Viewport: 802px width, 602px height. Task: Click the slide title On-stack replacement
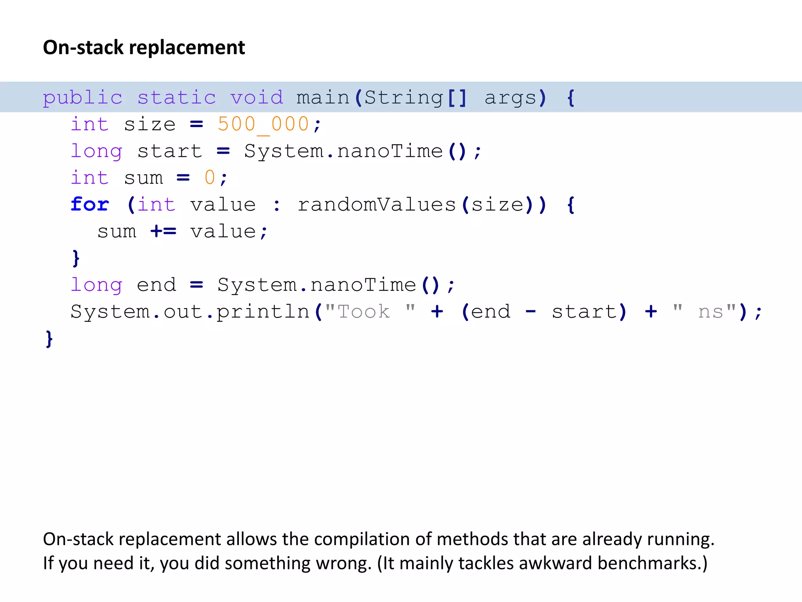coord(144,47)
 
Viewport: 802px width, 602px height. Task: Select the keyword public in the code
coord(83,97)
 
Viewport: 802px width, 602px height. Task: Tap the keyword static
coord(177,97)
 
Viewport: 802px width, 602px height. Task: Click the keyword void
coord(256,97)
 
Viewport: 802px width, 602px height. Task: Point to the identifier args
coord(510,97)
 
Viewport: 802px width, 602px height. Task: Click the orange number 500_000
coord(263,124)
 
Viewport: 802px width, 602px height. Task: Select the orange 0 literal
coord(210,178)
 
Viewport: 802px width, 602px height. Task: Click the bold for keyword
coord(90,204)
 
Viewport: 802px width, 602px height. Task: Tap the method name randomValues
coord(377,204)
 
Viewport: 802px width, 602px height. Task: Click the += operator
coord(163,231)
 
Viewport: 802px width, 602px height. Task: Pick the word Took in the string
coord(364,312)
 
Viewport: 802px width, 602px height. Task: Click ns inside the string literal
coord(710,312)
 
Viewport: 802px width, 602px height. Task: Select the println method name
coord(263,312)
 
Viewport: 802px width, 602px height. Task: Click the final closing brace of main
coord(49,339)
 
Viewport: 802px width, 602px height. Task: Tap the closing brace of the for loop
coord(76,258)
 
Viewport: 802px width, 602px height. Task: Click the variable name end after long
coord(156,285)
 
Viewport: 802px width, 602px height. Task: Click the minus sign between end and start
coord(531,312)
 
